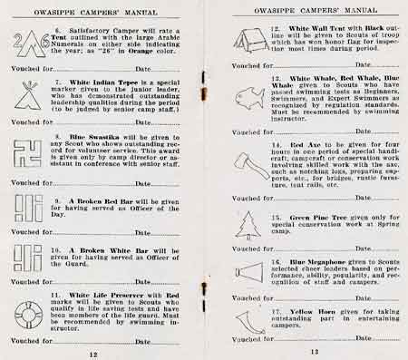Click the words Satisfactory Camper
(93, 30)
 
